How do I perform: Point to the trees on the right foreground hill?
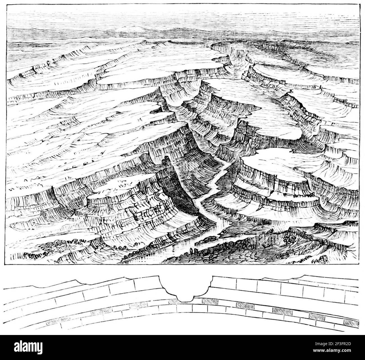tap(289, 239)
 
